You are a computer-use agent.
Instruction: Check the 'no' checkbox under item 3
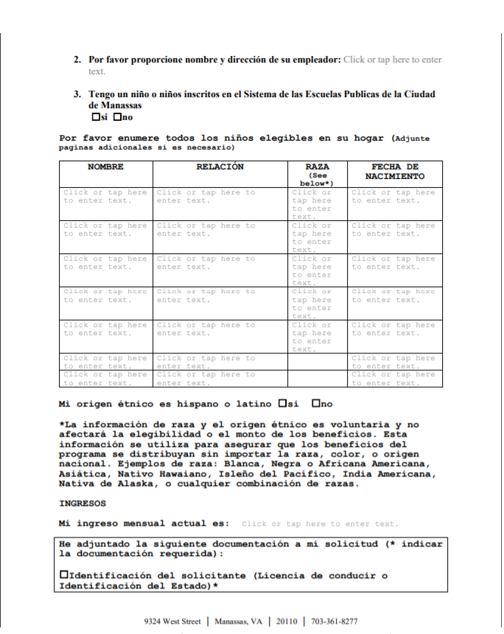(118, 117)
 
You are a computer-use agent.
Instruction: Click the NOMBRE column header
(105, 167)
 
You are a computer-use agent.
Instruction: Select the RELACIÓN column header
(220, 167)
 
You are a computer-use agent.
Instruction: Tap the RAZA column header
(317, 168)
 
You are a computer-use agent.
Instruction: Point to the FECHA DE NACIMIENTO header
(395, 172)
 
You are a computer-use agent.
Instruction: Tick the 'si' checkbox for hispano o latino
(283, 404)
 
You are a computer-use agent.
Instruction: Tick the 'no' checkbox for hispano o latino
(316, 404)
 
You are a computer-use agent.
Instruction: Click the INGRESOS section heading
(83, 504)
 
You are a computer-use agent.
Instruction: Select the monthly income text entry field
(319, 524)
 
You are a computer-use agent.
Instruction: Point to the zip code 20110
(284, 621)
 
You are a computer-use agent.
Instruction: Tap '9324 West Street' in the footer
(172, 621)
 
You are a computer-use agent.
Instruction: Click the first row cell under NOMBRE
(105, 197)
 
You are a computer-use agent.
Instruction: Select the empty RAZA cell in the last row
(317, 378)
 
